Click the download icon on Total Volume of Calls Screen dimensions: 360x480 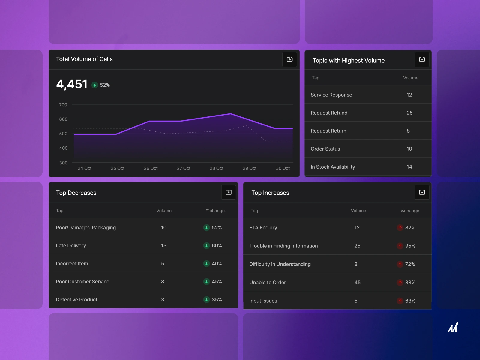pyautogui.click(x=289, y=59)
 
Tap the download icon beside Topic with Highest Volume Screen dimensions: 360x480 pyautogui.click(x=422, y=59)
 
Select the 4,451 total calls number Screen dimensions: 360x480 pyautogui.click(x=72, y=84)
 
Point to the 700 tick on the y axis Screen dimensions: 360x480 pyautogui.click(x=63, y=105)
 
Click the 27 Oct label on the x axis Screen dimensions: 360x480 pyautogui.click(x=184, y=168)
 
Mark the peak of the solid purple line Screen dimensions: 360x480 pyautogui.click(x=230, y=114)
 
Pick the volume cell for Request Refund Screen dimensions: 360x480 pyautogui.click(x=409, y=113)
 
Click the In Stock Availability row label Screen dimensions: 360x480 pyautogui.click(x=333, y=167)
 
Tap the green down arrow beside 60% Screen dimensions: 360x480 pyautogui.click(x=206, y=246)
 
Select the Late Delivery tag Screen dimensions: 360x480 pyautogui.click(x=71, y=246)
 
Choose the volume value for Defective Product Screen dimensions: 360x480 pyautogui.click(x=163, y=300)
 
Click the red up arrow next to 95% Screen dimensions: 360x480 pyautogui.click(x=400, y=246)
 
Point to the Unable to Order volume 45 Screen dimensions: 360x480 pyautogui.click(x=357, y=283)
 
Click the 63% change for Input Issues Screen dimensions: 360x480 pyautogui.click(x=410, y=301)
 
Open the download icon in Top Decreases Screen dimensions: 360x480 pyautogui.click(x=229, y=192)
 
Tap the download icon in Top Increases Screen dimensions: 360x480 pyautogui.click(x=422, y=192)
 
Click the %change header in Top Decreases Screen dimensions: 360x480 pyautogui.click(x=215, y=211)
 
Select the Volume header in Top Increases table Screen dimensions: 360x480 pyautogui.click(x=358, y=211)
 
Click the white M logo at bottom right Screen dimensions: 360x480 pyautogui.click(x=453, y=327)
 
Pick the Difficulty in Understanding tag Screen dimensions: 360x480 pyautogui.click(x=280, y=264)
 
